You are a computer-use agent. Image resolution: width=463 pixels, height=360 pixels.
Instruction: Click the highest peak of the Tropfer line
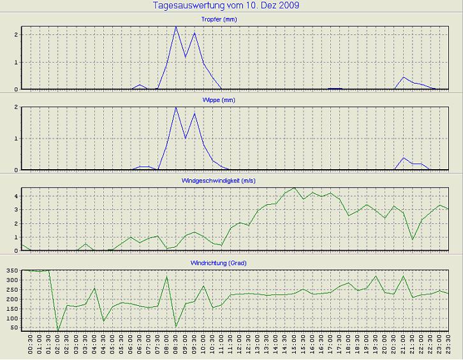pos(176,27)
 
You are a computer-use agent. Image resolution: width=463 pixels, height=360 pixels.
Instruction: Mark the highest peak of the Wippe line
pos(176,107)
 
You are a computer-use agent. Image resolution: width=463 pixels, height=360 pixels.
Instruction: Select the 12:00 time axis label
pos(240,347)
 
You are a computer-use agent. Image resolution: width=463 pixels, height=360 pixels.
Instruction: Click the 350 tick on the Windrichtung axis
pos(12,271)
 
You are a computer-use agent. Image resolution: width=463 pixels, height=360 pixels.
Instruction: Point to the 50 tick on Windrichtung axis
pos(14,327)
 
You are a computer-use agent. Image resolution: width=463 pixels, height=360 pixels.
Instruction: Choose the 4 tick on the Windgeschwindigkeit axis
pos(17,196)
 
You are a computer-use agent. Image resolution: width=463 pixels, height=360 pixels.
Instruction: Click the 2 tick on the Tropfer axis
pos(17,34)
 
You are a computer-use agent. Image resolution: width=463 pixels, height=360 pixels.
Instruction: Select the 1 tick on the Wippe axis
pos(17,139)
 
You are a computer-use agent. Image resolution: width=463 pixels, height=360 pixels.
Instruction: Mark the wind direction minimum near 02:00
pos(58,331)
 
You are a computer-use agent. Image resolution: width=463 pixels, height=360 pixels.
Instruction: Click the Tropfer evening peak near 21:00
pos(403,77)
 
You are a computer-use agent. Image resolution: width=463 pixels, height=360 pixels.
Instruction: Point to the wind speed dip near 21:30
pos(413,239)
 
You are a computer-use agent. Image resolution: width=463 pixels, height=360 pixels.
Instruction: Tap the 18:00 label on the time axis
pos(349,347)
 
